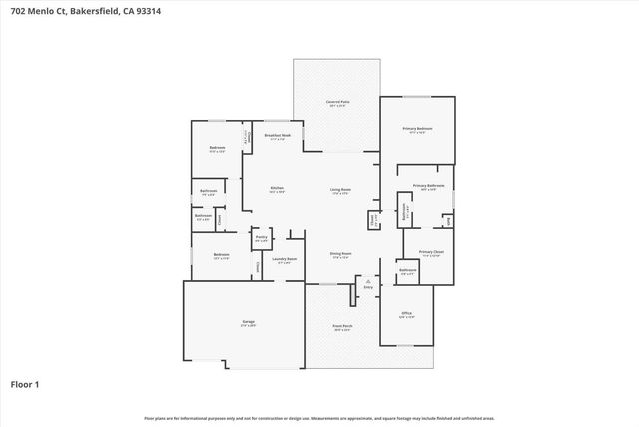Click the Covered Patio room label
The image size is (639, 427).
tap(336, 102)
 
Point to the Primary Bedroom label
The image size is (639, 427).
tap(417, 128)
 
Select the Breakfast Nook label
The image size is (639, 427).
tap(277, 135)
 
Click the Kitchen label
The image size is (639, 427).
tap(277, 188)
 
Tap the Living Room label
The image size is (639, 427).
tap(340, 188)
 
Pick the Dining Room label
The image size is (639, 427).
tap(340, 253)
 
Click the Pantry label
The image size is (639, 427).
tap(260, 238)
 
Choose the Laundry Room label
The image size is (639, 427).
tap(282, 260)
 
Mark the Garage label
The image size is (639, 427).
tap(247, 322)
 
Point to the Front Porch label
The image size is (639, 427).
tap(341, 326)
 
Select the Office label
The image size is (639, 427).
tap(406, 313)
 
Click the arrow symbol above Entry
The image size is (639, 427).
tap(368, 282)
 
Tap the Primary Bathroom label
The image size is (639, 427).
tap(428, 185)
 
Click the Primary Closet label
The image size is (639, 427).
tap(430, 252)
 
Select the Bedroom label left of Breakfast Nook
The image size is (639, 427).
tap(217, 148)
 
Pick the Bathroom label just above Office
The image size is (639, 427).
tap(407, 270)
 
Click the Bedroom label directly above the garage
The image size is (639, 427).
tap(221, 254)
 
